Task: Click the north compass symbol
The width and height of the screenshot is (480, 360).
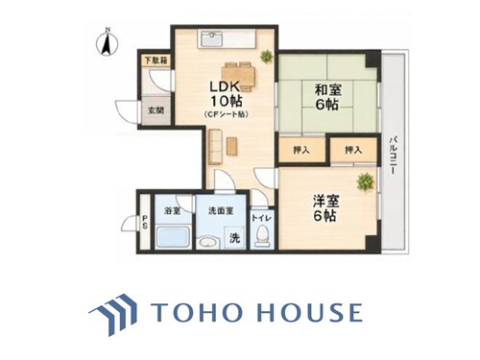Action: coord(108,43)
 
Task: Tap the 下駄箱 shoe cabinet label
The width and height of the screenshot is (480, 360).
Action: coord(156,60)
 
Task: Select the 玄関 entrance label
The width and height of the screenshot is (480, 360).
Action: coord(156,110)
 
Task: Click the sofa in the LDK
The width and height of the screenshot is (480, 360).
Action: coord(215,146)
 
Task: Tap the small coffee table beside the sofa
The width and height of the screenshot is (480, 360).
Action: coord(232,146)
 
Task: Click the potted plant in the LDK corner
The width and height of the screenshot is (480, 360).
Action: coord(266,57)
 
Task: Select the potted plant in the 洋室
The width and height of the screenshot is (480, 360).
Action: coord(365,181)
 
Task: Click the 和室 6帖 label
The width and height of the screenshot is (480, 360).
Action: coord(327,97)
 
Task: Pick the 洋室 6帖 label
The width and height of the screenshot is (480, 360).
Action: coord(325,208)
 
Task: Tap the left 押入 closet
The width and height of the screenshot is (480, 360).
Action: coord(301,150)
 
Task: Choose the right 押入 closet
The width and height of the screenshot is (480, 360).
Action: coord(353,150)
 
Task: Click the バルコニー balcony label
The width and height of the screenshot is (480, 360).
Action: coord(394,156)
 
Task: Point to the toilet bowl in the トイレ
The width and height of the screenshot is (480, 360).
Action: coord(262,236)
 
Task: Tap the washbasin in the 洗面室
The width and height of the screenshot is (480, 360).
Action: coord(207,243)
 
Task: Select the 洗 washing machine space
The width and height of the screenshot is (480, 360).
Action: coord(234,237)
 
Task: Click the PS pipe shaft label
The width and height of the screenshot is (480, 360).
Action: coord(145,222)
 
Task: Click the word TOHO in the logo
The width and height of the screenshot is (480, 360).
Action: coord(195,312)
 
